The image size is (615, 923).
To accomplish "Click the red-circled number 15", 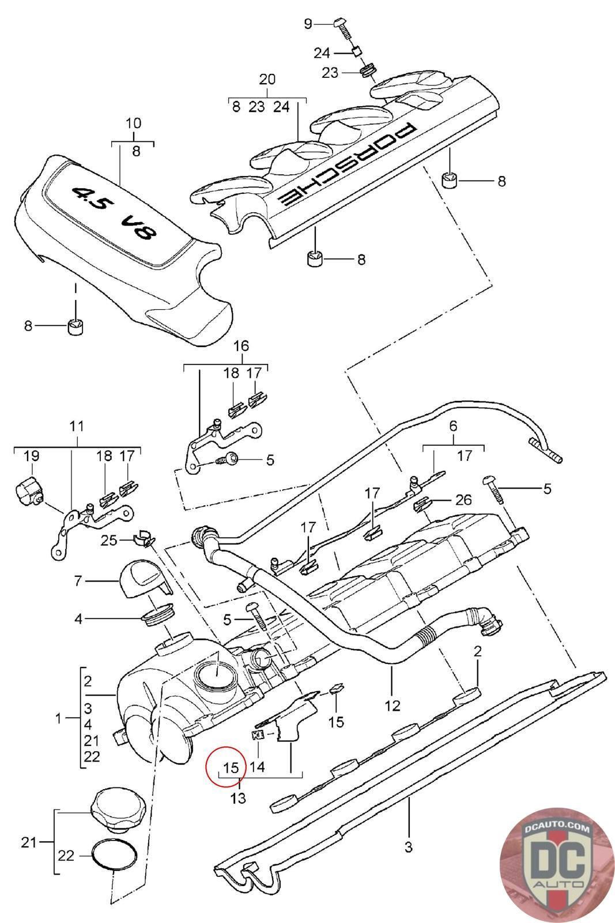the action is [x=231, y=767].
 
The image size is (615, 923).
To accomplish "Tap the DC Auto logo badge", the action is [x=557, y=865].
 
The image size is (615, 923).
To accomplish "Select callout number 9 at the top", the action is [x=308, y=24].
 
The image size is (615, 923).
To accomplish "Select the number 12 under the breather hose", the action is [x=392, y=706].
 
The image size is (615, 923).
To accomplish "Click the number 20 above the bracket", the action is [x=267, y=78].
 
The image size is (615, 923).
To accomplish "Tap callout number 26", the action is [x=463, y=500].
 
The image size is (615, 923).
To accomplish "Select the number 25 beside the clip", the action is [x=109, y=540].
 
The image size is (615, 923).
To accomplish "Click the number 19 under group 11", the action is [x=31, y=456].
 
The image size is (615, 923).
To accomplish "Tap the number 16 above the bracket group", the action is [x=241, y=346].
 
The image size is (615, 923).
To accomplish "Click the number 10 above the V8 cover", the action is [x=133, y=123].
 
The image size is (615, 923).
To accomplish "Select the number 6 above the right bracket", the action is [x=453, y=426].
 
